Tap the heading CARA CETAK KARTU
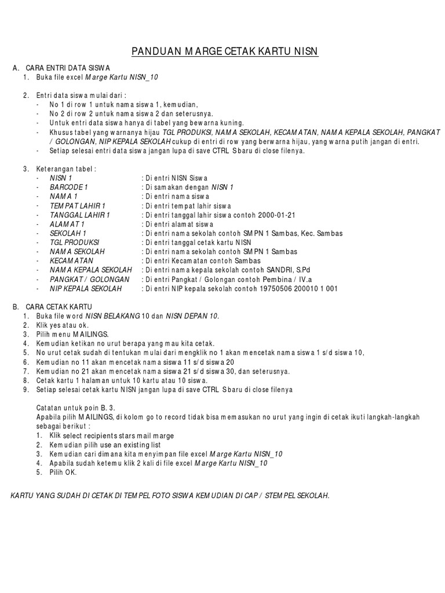tap(60, 306)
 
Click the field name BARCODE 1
tap(68, 187)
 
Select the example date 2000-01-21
tap(276, 215)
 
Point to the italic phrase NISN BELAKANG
tap(112, 315)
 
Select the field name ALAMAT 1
tap(67, 224)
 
